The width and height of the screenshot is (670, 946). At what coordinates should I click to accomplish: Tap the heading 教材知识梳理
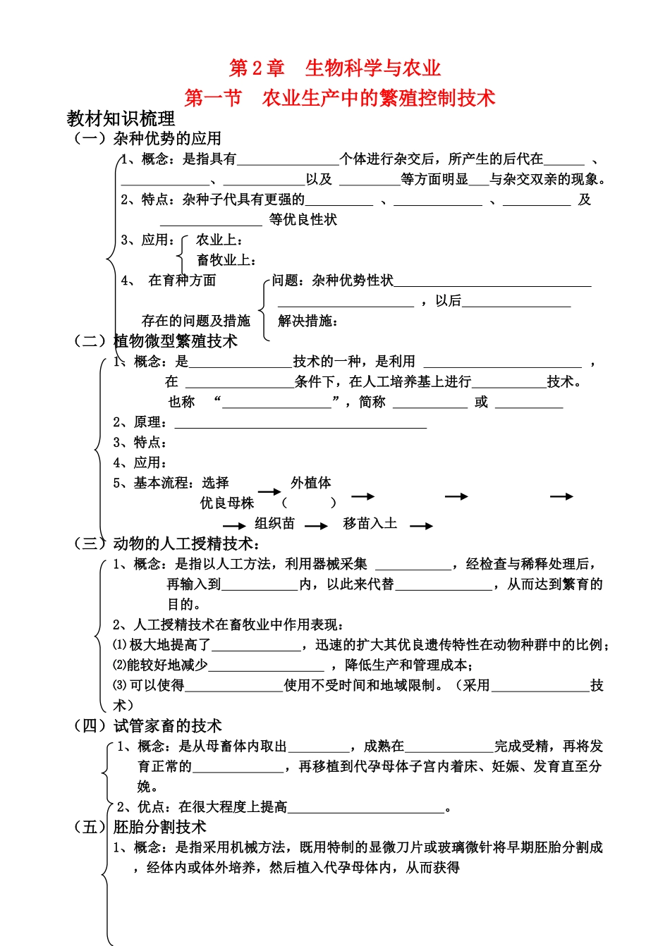pos(121,118)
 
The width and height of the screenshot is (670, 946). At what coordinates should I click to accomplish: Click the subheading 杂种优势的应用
pos(167,138)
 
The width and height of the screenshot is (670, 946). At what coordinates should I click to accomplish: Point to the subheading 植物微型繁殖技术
pos(176,341)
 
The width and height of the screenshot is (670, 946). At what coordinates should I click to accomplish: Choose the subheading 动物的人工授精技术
pos(183,543)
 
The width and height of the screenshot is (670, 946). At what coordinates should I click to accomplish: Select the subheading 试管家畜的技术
pos(168,725)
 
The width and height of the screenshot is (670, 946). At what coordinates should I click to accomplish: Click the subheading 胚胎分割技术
pos(160,827)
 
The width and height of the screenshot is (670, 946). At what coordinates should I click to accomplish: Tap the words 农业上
pos(219,240)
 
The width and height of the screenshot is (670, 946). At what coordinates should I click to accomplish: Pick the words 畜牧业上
pos(225,260)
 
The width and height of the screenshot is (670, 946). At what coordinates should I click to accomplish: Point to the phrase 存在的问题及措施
pos(196,321)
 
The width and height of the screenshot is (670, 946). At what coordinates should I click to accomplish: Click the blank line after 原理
pos(300,424)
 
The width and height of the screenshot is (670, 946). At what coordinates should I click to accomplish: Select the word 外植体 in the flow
pos(311,483)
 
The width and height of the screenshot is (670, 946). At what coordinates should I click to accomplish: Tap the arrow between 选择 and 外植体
pos(269,491)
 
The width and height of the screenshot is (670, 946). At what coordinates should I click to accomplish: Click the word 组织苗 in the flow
pos(274,524)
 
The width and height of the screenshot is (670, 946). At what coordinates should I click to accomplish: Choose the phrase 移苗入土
pos(370,524)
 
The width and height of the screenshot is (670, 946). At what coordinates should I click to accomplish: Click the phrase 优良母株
pos(227,503)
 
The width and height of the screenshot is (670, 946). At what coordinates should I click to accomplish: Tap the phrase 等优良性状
pos(303,220)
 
